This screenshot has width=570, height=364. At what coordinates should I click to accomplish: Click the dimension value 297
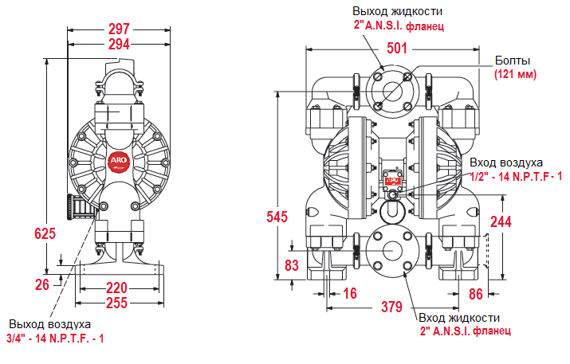point(119,29)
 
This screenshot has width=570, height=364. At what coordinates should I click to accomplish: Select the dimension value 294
point(119,45)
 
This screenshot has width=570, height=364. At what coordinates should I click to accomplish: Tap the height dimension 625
point(47,233)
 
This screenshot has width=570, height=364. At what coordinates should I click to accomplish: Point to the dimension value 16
point(349,293)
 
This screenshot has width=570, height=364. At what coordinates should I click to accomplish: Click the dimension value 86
point(476,293)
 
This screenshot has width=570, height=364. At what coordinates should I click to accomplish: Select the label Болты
point(513,61)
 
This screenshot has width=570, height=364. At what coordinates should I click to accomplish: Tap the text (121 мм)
point(515,74)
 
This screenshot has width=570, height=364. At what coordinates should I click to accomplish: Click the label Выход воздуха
point(50,325)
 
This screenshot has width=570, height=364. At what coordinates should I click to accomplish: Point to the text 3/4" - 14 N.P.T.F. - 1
point(55,339)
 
